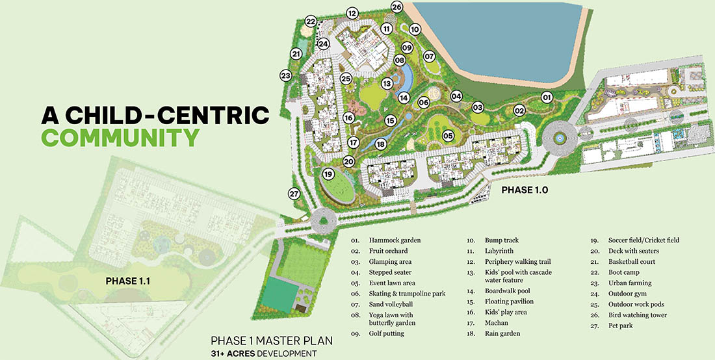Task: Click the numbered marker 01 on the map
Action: [547, 97]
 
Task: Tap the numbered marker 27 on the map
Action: [294, 194]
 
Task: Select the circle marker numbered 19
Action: [328, 174]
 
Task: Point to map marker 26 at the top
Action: [397, 7]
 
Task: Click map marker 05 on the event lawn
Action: [448, 136]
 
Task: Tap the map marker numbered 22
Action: [311, 22]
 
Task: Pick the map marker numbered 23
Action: [285, 75]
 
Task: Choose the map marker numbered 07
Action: [429, 57]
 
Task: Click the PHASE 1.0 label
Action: [525, 190]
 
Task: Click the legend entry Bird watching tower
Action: [637, 315]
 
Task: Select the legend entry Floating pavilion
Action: [509, 302]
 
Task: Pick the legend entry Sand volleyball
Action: [391, 304]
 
